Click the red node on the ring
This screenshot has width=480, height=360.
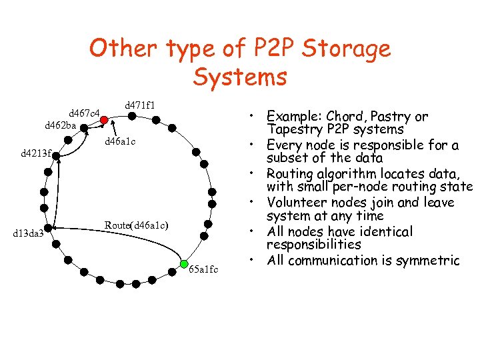point(105,120)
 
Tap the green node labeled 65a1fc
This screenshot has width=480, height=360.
point(185,264)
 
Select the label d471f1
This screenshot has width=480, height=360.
point(140,105)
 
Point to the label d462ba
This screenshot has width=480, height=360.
point(60,125)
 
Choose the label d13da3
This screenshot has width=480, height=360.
point(29,233)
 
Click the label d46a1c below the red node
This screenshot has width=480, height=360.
point(121,141)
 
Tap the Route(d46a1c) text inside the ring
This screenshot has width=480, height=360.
point(136,225)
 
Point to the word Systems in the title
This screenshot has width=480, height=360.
point(240,77)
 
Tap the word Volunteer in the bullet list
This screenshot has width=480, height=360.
point(296,202)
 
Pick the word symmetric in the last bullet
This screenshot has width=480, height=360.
point(424,260)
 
